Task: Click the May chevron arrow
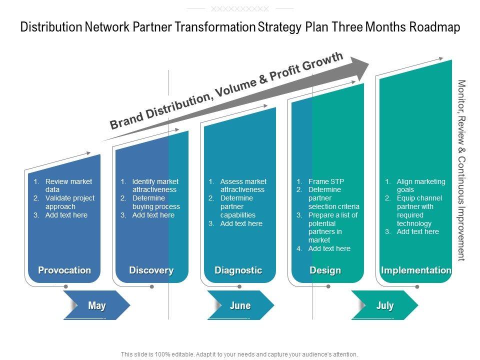(x=97, y=305)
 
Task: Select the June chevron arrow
(x=240, y=305)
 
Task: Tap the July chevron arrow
(x=384, y=305)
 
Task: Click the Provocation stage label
(x=64, y=270)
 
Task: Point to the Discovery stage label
(x=151, y=270)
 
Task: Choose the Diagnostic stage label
(x=238, y=270)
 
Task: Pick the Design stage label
(x=325, y=270)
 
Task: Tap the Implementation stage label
(x=416, y=270)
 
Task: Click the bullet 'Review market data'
(x=68, y=185)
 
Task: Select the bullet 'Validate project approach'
(x=69, y=202)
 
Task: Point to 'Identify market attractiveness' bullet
(x=155, y=185)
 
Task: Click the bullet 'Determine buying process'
(x=156, y=202)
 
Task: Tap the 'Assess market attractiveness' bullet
(x=243, y=185)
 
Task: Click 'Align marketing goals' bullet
(x=420, y=185)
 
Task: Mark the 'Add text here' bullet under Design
(x=329, y=248)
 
